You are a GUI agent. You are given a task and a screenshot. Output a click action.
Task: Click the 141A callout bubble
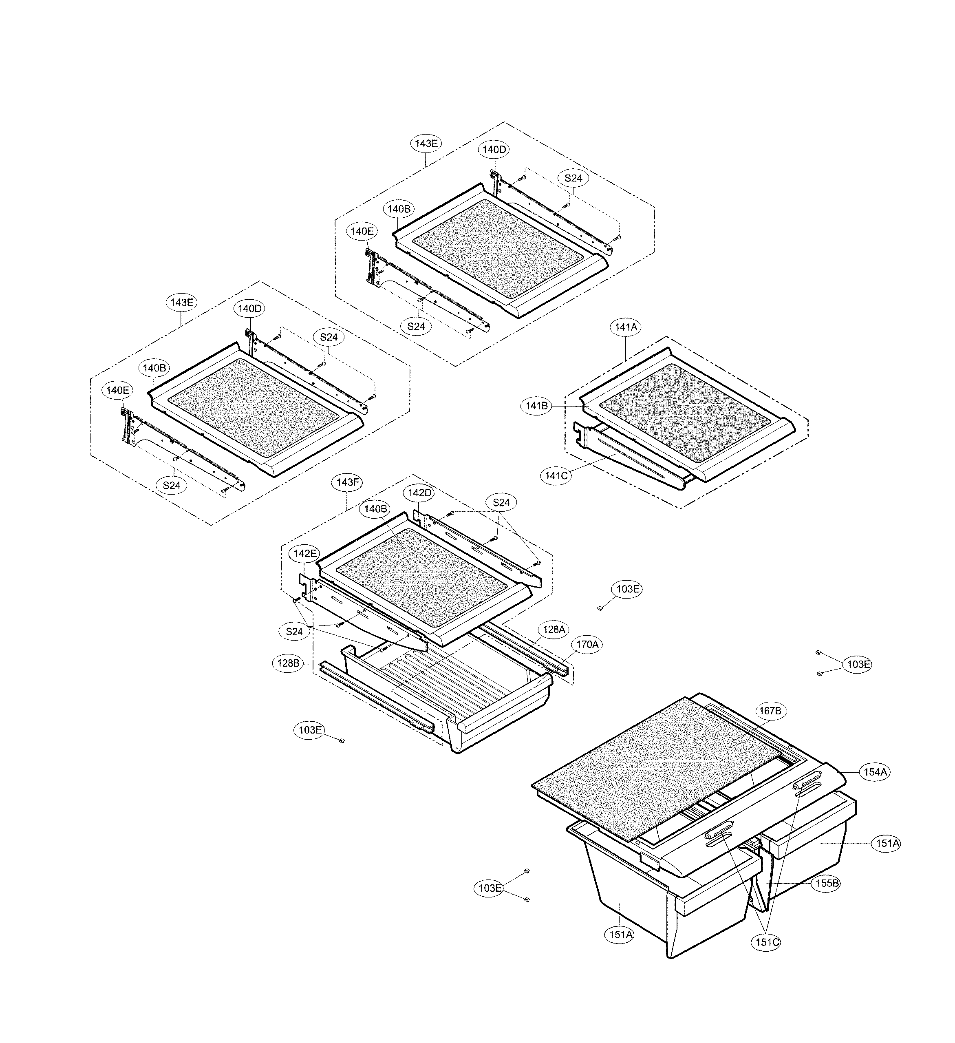[626, 327]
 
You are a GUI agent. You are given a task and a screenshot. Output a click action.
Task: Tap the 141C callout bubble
[556, 475]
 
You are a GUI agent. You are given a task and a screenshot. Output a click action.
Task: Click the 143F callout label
[347, 482]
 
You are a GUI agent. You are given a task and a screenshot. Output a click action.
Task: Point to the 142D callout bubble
[419, 493]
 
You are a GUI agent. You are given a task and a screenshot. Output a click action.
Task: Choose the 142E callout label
[304, 554]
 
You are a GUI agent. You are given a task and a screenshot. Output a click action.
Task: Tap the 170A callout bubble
[587, 645]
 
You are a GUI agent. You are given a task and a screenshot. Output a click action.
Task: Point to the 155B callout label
[826, 883]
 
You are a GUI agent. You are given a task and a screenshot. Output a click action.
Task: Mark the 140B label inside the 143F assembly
[375, 509]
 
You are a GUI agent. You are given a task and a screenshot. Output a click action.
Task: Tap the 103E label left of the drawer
[310, 730]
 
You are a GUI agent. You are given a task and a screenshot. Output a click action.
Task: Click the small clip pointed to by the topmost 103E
[600, 608]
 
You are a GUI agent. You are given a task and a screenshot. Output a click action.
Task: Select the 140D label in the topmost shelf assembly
[494, 150]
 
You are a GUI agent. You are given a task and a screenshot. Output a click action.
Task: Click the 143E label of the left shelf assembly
[181, 303]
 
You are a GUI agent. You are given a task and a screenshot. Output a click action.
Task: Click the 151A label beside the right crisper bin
[887, 843]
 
